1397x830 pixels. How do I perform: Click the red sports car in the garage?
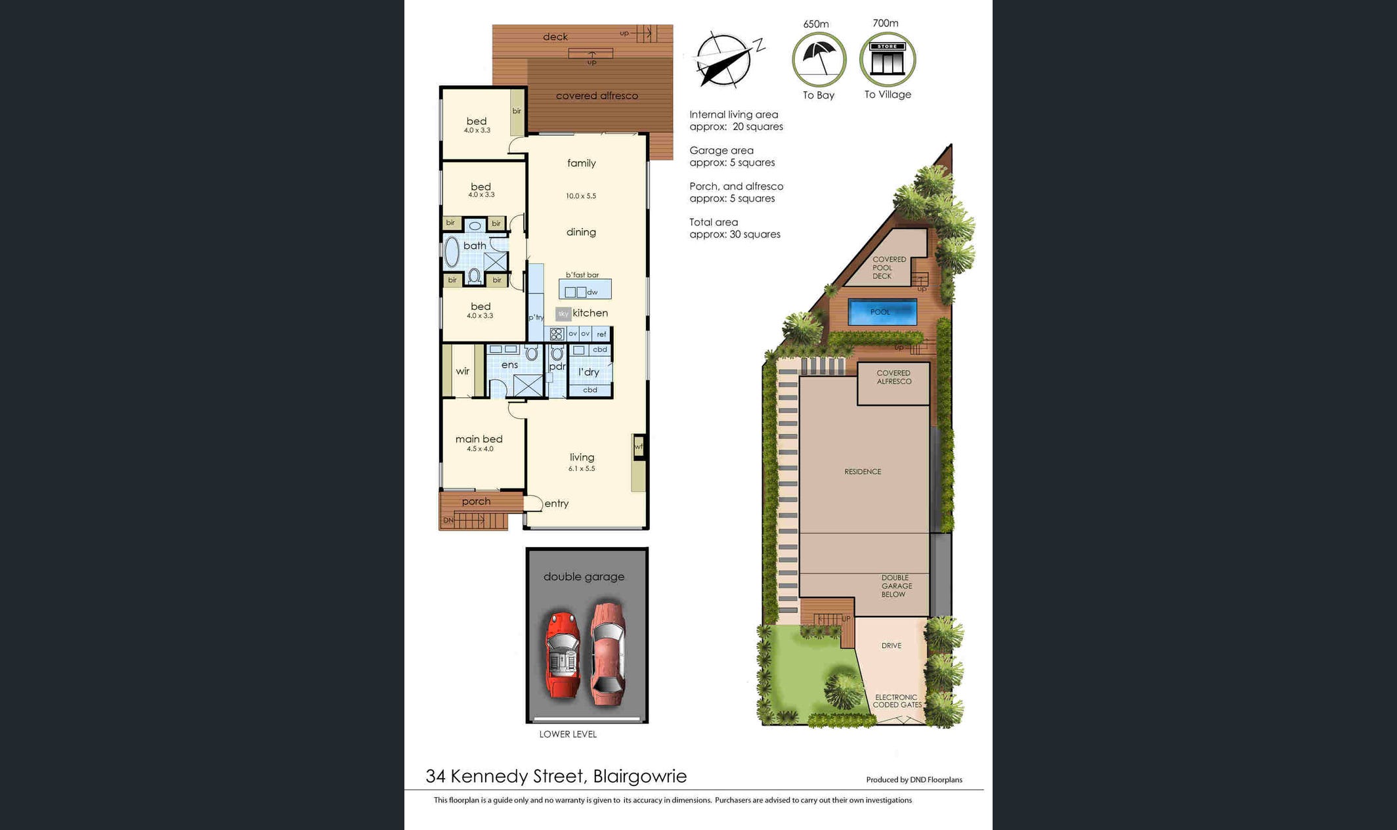563,655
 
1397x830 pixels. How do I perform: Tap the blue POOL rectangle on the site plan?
882,312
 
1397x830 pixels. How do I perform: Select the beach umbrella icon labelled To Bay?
819,59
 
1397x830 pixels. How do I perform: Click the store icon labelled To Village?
888,59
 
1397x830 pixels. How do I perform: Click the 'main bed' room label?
479,439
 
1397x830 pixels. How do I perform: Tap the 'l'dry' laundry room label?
589,372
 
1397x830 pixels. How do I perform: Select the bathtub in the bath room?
452,252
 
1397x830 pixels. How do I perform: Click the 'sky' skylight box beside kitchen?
563,314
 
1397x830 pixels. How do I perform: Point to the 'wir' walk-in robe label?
462,371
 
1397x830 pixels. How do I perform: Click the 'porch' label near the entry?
476,502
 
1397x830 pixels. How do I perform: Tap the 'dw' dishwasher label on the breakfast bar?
592,292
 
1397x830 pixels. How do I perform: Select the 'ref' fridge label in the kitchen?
601,334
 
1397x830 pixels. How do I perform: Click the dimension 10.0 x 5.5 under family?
581,196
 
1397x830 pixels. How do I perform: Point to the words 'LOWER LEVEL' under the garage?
568,734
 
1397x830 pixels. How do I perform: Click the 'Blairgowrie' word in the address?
639,776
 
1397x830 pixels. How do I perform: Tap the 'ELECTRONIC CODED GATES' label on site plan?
897,701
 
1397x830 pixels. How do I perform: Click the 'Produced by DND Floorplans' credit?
914,780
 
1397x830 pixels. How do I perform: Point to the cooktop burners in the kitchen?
557,334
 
